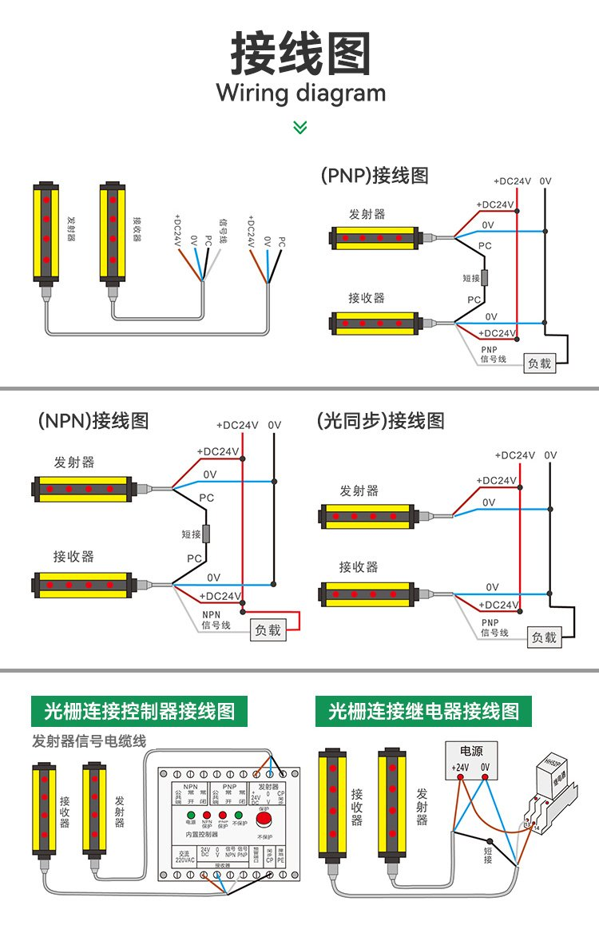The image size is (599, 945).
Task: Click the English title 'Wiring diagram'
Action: click(x=300, y=93)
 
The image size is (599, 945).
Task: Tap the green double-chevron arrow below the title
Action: click(x=299, y=127)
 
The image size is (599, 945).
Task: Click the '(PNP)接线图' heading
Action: click(x=374, y=176)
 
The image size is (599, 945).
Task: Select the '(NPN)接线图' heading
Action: click(x=93, y=420)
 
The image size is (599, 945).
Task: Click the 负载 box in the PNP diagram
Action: click(x=539, y=363)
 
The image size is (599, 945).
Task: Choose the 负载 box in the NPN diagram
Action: click(x=268, y=629)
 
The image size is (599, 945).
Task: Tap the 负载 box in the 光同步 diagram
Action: click(x=545, y=637)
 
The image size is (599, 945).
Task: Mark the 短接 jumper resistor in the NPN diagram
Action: click(x=205, y=534)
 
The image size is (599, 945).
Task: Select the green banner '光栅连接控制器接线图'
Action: click(x=140, y=711)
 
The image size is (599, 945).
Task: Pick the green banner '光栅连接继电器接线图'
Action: click(x=423, y=711)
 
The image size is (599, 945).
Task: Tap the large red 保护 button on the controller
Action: click(x=265, y=818)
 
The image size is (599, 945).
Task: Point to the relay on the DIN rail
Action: click(x=553, y=791)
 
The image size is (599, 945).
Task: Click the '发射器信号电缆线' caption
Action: click(x=89, y=741)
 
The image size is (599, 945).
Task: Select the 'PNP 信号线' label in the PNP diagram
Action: click(x=493, y=355)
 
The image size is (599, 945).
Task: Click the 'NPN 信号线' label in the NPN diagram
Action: click(x=216, y=620)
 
